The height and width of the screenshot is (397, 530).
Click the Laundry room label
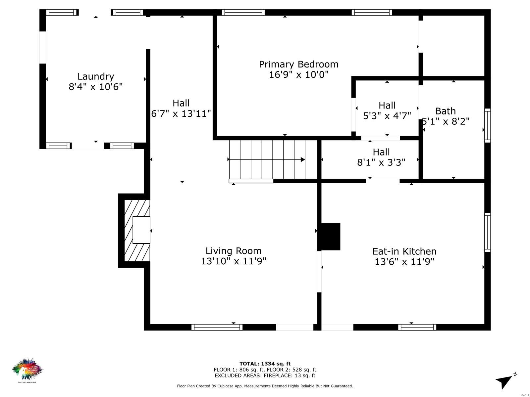96,76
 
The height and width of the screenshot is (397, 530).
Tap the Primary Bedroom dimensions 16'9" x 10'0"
298,74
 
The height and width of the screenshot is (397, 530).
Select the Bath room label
445,111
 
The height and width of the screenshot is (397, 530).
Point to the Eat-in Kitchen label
404,251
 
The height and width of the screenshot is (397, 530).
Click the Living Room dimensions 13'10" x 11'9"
234,261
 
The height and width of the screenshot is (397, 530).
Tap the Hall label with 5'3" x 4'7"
387,106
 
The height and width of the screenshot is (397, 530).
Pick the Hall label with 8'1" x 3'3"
381,152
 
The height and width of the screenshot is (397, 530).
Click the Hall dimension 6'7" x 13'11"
181,114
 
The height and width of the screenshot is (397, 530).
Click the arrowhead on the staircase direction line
302,159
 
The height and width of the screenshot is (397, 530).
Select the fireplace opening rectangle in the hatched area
141,230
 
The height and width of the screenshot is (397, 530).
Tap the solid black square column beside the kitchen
329,237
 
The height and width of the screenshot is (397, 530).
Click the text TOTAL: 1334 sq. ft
265,364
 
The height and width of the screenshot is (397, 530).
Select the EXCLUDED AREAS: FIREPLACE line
265,375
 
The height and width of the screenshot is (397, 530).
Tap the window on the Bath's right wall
487,125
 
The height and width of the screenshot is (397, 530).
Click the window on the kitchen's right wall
487,232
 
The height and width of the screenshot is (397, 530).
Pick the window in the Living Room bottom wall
217,327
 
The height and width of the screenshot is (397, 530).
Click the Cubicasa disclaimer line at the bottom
265,386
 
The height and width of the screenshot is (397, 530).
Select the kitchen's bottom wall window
417,327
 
